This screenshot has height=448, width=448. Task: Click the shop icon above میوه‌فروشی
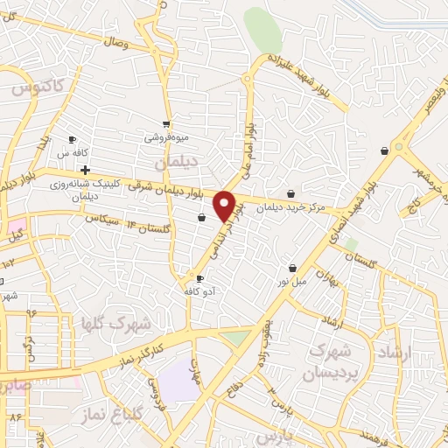[x=166, y=123]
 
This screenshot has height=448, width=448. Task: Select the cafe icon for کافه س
[x=73, y=140]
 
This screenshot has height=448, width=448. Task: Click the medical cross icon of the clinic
[x=85, y=169]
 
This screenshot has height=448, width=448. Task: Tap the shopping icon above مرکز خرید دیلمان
[x=290, y=193]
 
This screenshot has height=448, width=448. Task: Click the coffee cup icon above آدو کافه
[x=200, y=279]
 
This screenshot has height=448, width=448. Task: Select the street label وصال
[x=115, y=41]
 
